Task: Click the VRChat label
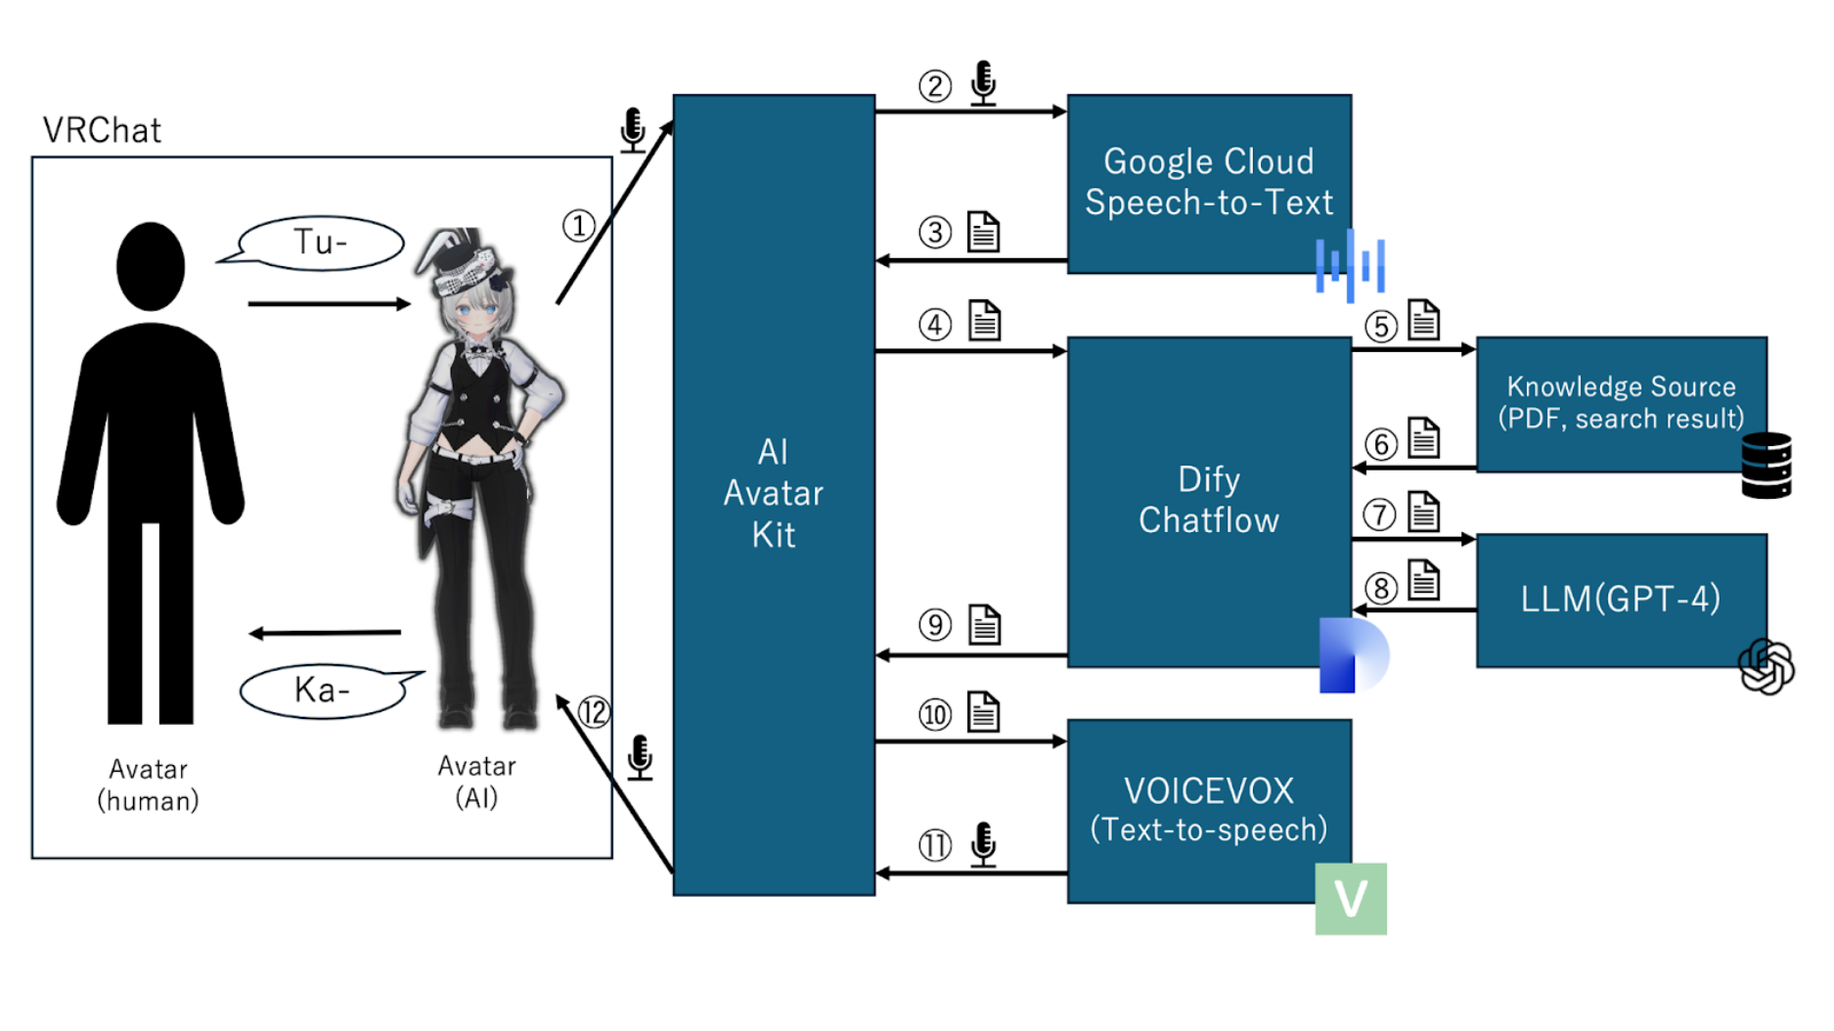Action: click(102, 130)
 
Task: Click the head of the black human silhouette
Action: click(151, 265)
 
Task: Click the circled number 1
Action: click(578, 226)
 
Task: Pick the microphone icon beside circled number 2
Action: click(983, 82)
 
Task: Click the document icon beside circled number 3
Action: click(983, 232)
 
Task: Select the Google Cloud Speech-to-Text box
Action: click(1209, 183)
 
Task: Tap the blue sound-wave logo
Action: click(1350, 264)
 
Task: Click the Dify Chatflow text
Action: click(1209, 500)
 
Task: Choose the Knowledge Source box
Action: click(1621, 403)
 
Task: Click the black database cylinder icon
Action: click(1767, 466)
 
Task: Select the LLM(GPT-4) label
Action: click(1620, 599)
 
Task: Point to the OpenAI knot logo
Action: click(1766, 667)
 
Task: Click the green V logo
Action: click(1351, 898)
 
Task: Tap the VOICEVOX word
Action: click(1209, 790)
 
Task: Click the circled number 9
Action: click(935, 625)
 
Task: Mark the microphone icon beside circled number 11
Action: click(983, 843)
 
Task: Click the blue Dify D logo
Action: click(1352, 655)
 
